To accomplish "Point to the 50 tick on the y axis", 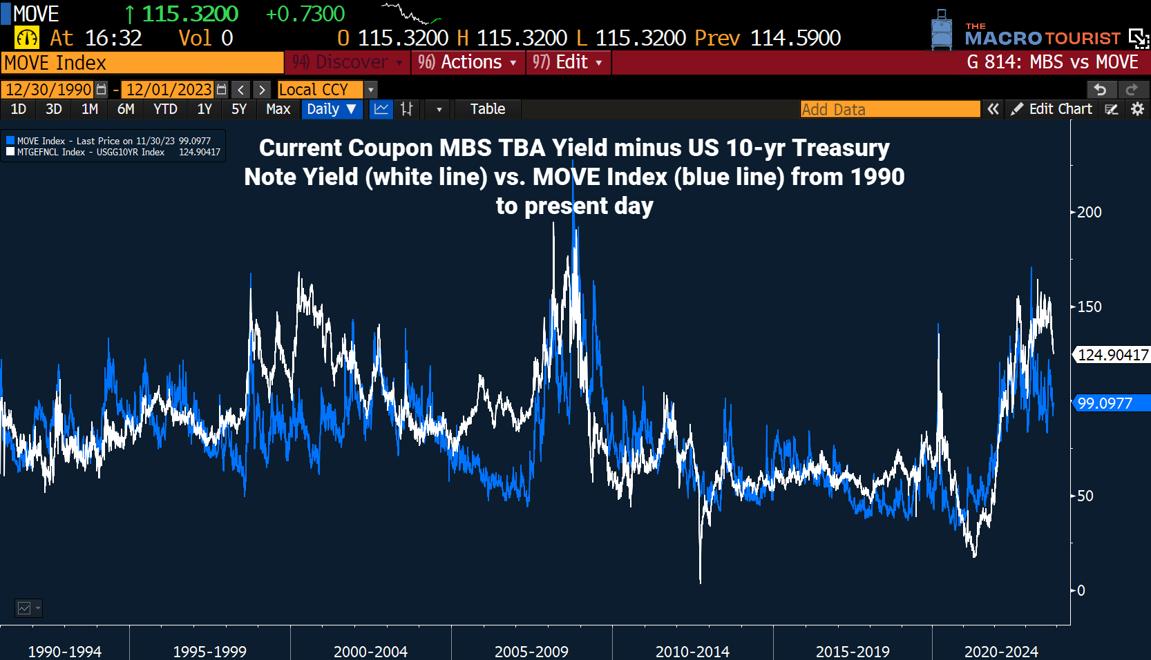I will (1085, 496).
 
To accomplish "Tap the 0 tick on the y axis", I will (1081, 590).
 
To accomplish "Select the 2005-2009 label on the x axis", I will (531, 651).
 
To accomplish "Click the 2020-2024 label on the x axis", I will (1001, 651).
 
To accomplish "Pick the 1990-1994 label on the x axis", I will (64, 651).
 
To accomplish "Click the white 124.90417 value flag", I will (1112, 355).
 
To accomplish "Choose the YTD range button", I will (165, 109).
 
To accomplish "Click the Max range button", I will (278, 109).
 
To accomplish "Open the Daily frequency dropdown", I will (332, 109).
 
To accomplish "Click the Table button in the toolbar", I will (487, 109).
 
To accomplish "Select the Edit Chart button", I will (1052, 109).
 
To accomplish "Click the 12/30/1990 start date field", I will (48, 90).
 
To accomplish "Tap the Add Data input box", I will (890, 109).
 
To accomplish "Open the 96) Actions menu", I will (468, 62).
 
